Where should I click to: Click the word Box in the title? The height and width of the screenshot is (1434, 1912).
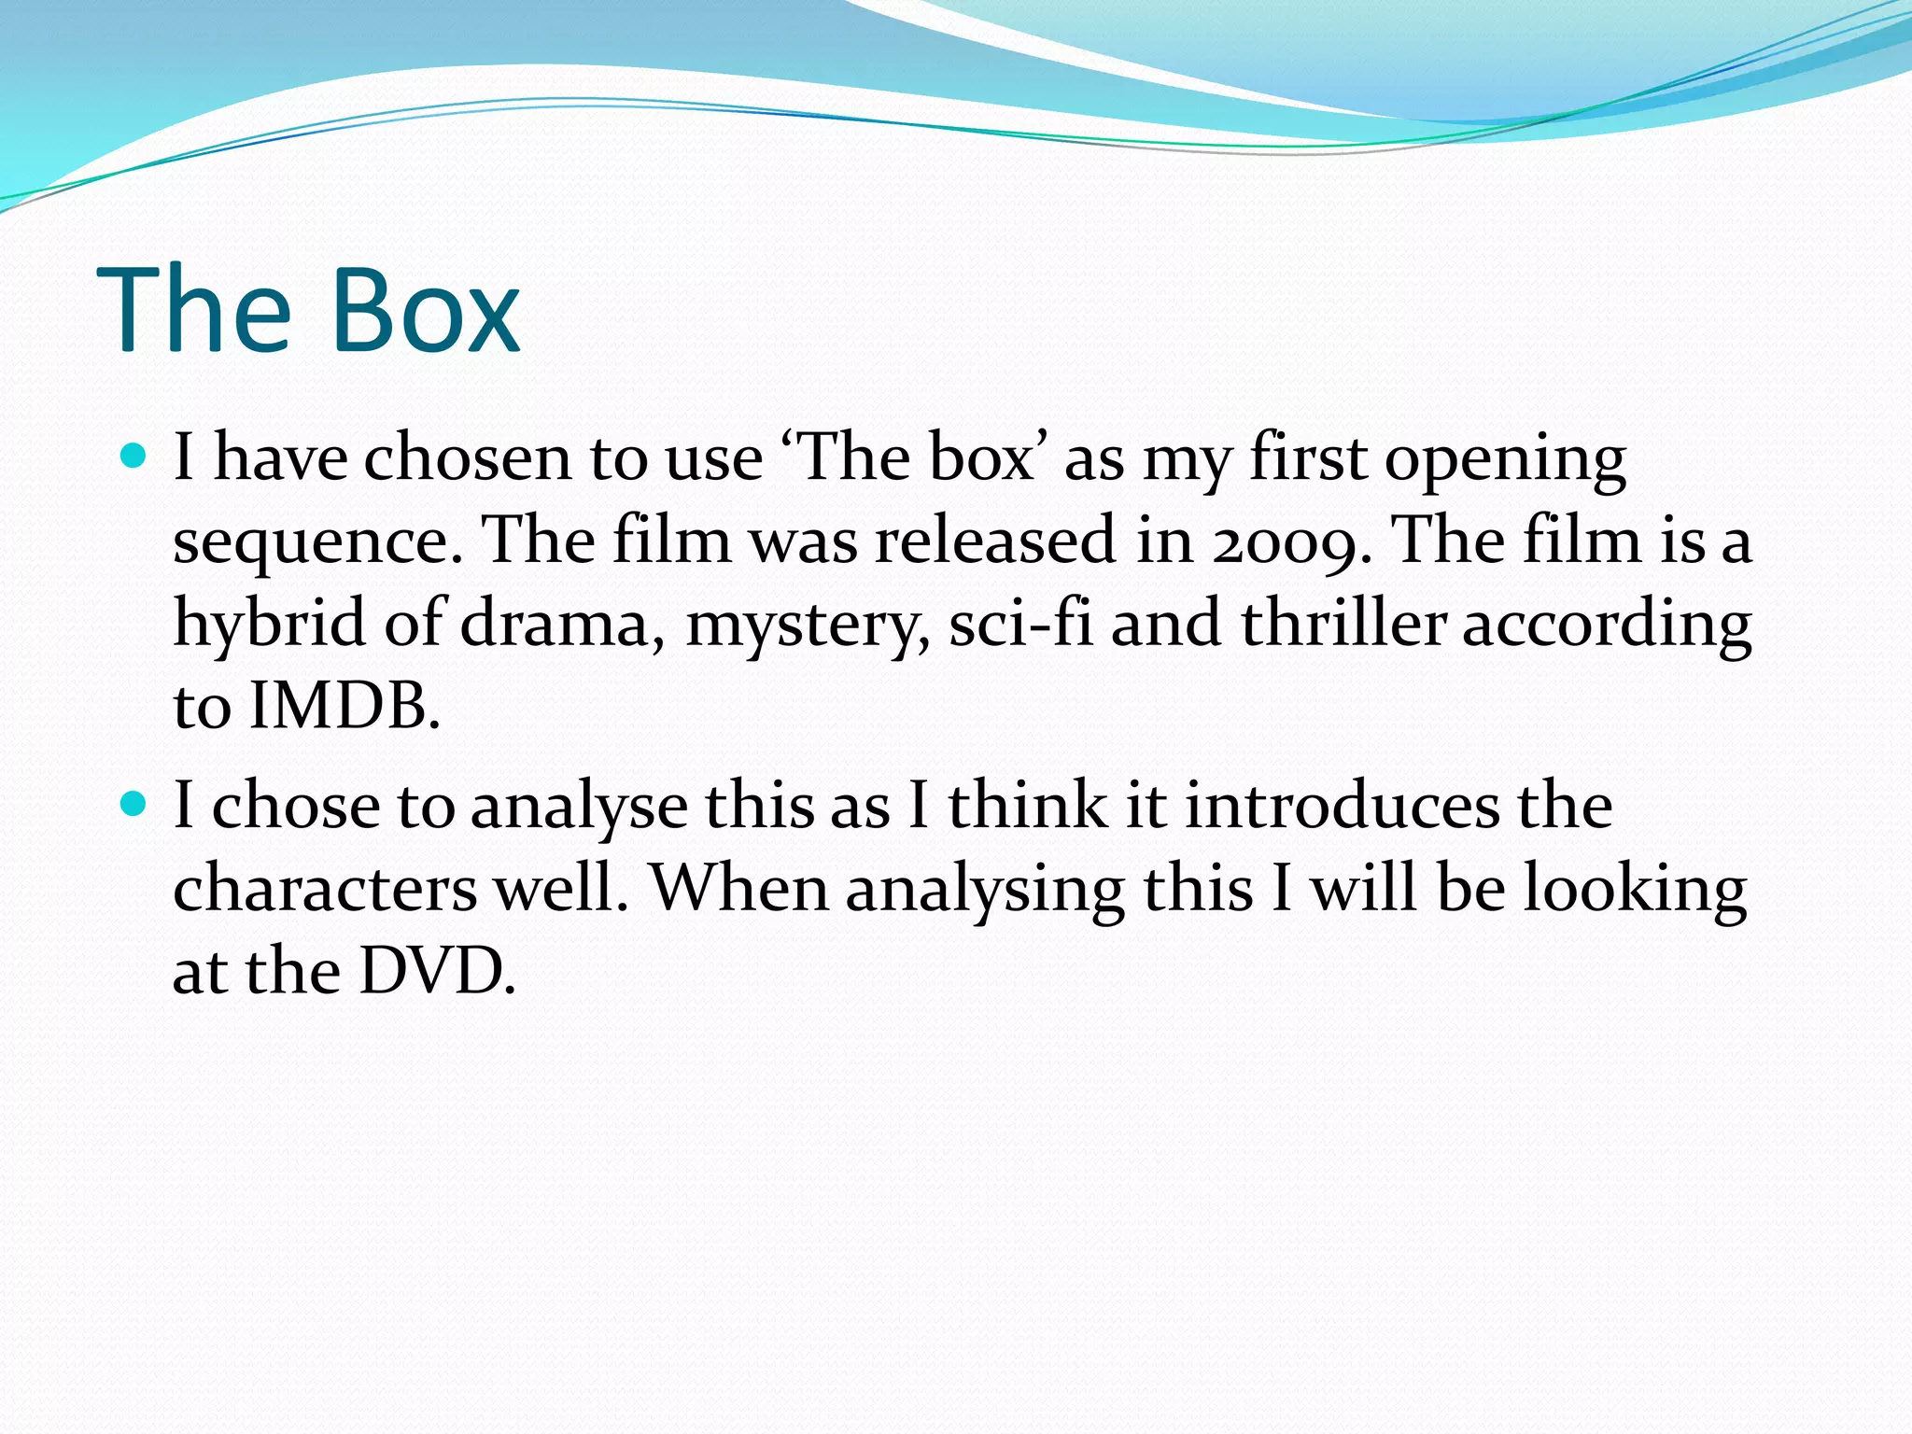[426, 310]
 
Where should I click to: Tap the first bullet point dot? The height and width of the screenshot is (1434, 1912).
[135, 456]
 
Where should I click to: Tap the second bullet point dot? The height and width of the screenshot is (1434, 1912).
[135, 803]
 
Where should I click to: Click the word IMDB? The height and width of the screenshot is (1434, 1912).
[344, 706]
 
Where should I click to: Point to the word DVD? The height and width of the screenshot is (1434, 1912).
[436, 971]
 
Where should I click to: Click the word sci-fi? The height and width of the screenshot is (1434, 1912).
[1020, 624]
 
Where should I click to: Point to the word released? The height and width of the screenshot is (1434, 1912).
[995, 541]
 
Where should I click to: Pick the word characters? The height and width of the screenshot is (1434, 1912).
[325, 889]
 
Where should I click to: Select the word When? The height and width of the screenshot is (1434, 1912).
[738, 887]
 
